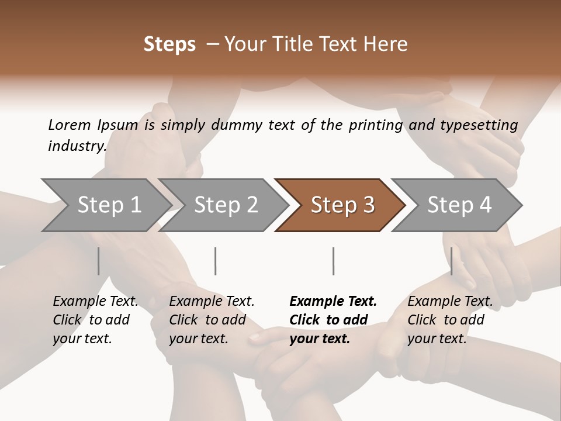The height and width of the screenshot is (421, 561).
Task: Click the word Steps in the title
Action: (x=169, y=44)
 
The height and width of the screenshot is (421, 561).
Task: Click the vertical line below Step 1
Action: (x=99, y=261)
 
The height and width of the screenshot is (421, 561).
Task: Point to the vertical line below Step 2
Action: (x=216, y=261)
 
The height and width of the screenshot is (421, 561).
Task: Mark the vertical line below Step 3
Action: (x=334, y=261)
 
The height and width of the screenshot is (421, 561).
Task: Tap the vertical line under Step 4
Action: (x=452, y=261)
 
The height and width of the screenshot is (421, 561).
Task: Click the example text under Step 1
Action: (x=95, y=320)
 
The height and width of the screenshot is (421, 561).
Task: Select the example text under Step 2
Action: (x=212, y=320)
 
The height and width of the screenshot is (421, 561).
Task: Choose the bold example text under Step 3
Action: (x=333, y=320)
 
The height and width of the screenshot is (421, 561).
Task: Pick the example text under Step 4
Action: (x=450, y=320)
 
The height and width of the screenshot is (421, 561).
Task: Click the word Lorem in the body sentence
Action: (x=70, y=125)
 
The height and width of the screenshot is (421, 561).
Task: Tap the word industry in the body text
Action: (x=77, y=146)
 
